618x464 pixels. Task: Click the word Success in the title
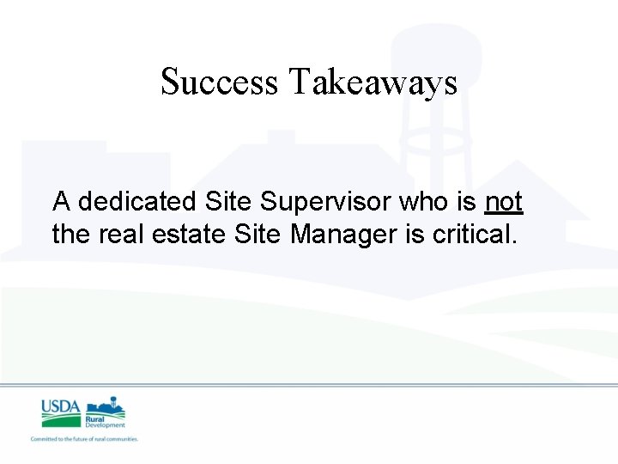pyautogui.click(x=219, y=82)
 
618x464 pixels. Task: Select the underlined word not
pyautogui.click(x=503, y=203)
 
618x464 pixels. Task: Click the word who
pyautogui.click(x=426, y=203)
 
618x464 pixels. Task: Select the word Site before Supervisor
pyautogui.click(x=229, y=203)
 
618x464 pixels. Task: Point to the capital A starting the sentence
pyautogui.click(x=61, y=203)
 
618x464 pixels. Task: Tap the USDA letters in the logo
pyautogui.click(x=60, y=406)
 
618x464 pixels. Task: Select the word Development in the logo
pyautogui.click(x=105, y=424)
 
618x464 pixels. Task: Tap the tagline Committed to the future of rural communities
pyautogui.click(x=84, y=439)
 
